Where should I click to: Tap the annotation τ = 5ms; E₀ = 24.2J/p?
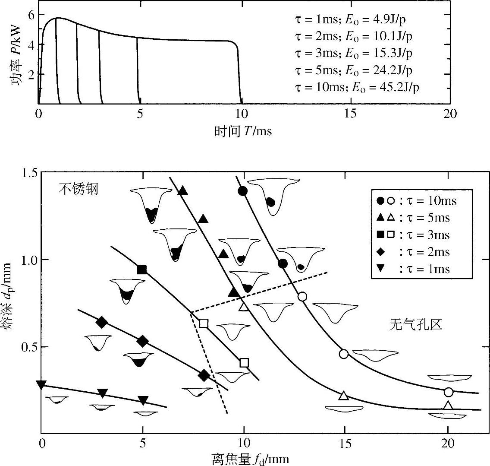point(354,70)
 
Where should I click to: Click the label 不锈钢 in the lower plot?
point(79,189)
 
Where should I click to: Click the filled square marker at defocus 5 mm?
point(142,270)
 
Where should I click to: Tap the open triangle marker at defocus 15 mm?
point(344,396)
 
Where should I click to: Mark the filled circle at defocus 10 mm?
point(243,191)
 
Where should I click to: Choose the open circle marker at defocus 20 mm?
point(449,392)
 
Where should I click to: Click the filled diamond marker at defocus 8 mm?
point(204,375)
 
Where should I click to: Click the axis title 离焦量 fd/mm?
point(250,459)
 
